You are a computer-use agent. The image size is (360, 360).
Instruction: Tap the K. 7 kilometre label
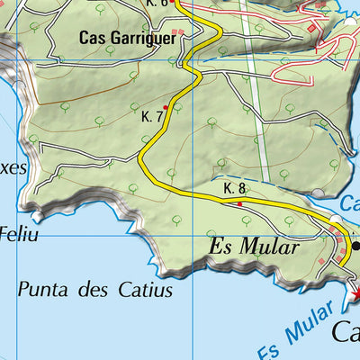[x=151, y=117]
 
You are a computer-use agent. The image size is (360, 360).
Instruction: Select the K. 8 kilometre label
[x=234, y=188]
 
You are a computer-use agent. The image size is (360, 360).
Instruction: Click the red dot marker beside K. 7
[x=165, y=107]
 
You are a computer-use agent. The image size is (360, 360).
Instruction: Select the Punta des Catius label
[x=94, y=290]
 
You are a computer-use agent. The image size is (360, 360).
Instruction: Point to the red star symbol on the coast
[x=355, y=294]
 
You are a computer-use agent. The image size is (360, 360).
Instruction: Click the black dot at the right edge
[x=355, y=245]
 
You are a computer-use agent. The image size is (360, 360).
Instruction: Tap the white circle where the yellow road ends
[x=336, y=220]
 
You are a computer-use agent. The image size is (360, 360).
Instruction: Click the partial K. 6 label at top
[x=157, y=4]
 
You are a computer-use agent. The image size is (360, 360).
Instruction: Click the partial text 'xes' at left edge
[x=13, y=167]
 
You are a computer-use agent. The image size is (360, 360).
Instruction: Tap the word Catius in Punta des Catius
[x=144, y=290]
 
